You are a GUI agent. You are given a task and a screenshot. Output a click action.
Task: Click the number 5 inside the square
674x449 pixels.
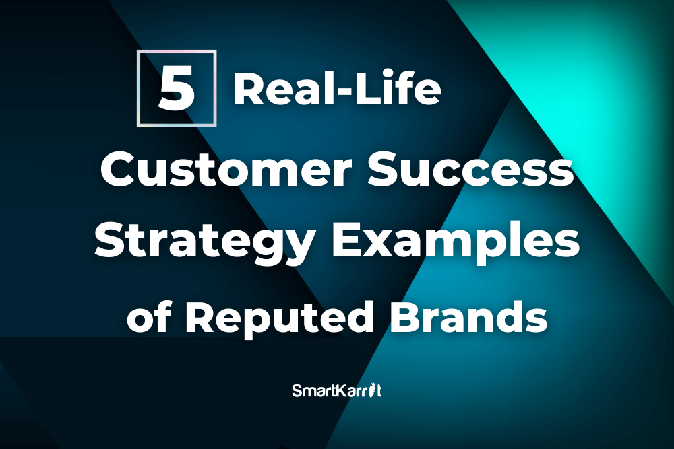click(177, 91)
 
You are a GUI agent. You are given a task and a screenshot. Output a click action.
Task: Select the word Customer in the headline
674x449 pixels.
click(226, 170)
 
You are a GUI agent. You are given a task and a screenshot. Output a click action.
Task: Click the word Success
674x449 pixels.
click(470, 170)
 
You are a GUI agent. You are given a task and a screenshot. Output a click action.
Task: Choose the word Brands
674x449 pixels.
click(469, 317)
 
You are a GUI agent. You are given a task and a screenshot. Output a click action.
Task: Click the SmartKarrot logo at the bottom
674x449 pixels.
click(337, 390)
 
